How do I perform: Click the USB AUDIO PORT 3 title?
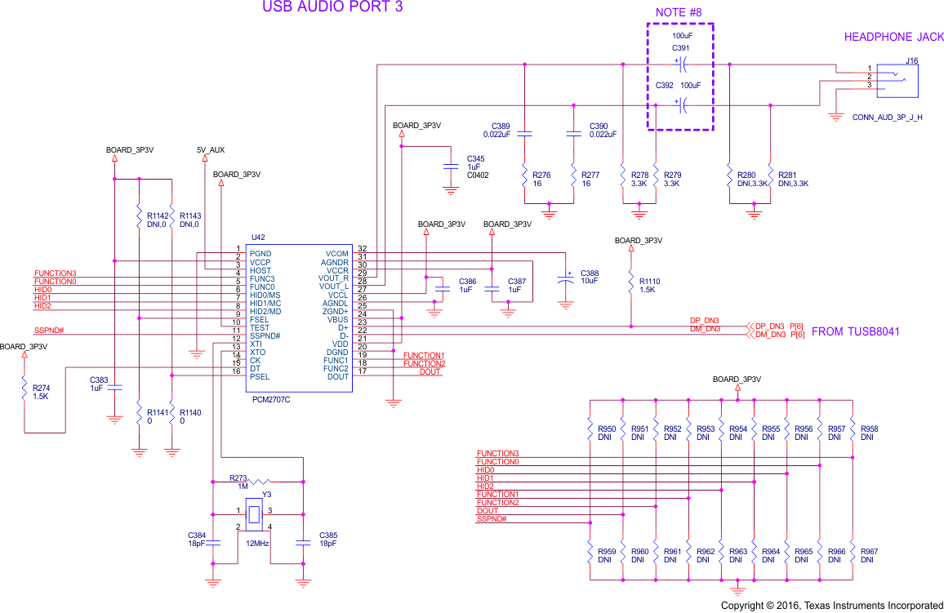pos(332,7)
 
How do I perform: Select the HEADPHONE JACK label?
pos(893,37)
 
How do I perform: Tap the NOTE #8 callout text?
pos(679,12)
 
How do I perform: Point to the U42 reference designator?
pos(236,238)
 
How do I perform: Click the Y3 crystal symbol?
pos(254,514)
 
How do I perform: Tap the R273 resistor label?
pos(238,478)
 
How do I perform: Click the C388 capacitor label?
pos(589,273)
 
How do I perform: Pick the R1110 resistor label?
pos(650,281)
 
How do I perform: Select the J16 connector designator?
pos(911,60)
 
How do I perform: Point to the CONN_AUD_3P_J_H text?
pos(887,118)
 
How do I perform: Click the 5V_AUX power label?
pos(211,150)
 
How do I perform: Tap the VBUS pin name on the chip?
pos(336,319)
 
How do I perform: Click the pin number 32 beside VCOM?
pos(362,248)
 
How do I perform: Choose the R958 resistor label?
pos(871,429)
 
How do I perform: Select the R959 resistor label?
pos(607,552)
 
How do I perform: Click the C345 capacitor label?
pos(475,158)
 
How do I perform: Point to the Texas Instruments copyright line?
pos(831,606)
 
